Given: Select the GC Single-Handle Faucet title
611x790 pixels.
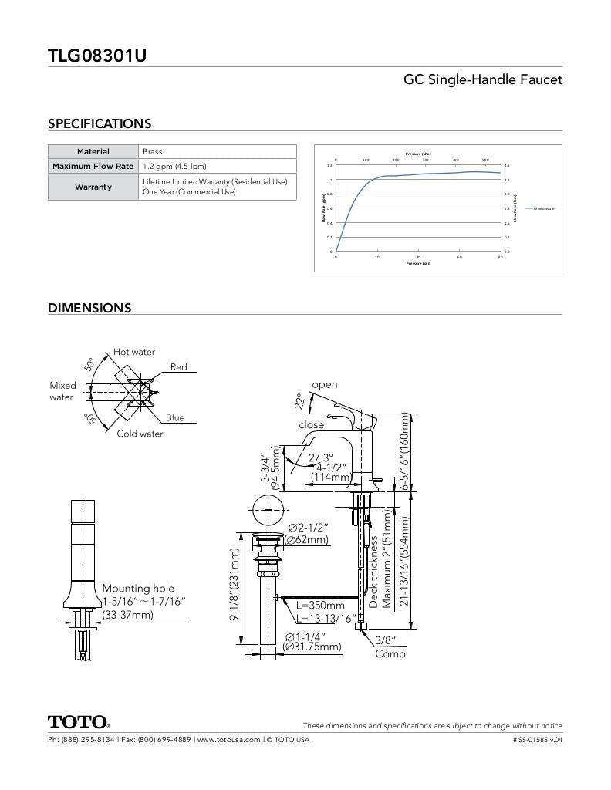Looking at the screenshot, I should coord(483,79).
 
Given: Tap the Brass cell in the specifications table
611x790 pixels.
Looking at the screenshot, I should coord(153,152).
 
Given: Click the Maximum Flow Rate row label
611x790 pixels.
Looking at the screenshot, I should coord(93,166).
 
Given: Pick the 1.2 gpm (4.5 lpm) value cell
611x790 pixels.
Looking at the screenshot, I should coord(174,166).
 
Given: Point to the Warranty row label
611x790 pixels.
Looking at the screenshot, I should coord(93,187).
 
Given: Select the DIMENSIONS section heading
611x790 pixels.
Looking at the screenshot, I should coord(89,308).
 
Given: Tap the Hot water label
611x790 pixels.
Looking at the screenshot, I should coord(134,352).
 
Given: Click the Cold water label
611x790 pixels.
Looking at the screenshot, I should coord(140,434).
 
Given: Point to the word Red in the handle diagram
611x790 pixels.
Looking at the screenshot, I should coord(179,367).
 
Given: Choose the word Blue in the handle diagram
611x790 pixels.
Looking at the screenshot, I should coord(175,417).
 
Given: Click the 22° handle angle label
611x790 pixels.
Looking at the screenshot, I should coord(299,400).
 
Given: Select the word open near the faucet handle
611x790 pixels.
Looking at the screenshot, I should coord(325,384).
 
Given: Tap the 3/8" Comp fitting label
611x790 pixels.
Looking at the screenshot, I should coord(387,647).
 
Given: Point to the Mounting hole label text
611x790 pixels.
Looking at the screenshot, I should coord(138,588).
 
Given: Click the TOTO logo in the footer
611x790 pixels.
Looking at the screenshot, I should coord(79,722).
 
